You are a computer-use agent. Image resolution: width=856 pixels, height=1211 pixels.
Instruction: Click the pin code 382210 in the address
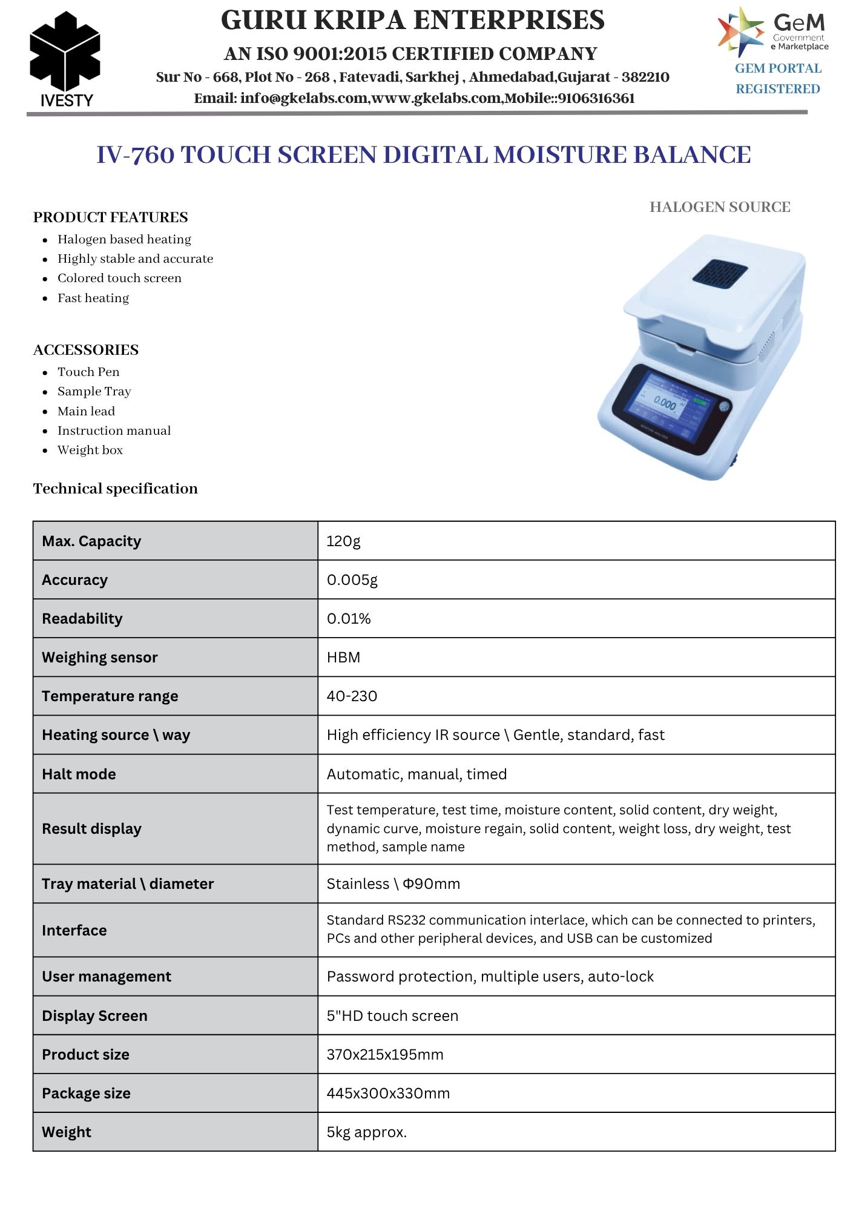tap(645, 78)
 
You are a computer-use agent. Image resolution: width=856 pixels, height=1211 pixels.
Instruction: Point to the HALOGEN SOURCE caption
tap(719, 207)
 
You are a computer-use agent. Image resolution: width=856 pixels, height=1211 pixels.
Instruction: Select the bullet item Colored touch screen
tap(119, 279)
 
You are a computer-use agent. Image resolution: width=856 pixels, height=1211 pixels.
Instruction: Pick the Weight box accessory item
tap(90, 450)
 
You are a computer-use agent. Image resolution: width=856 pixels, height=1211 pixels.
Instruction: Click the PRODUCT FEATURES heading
tap(111, 217)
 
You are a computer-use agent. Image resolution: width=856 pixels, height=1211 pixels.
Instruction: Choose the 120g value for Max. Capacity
tap(343, 541)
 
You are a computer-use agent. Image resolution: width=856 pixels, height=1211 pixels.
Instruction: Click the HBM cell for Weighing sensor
tap(343, 658)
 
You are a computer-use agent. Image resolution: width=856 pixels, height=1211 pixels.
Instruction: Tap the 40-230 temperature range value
tap(352, 696)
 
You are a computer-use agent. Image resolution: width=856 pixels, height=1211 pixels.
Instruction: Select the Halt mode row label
tap(79, 774)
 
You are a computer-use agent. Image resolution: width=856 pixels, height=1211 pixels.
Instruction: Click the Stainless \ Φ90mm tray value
tap(393, 884)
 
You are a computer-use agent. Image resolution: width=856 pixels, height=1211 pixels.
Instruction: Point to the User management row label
tap(107, 977)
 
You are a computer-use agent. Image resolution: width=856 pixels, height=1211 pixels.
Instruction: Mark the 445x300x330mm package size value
tap(388, 1094)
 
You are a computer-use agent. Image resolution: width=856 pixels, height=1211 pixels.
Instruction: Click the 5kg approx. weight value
tap(366, 1132)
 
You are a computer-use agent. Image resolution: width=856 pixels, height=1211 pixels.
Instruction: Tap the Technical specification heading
tap(116, 489)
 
